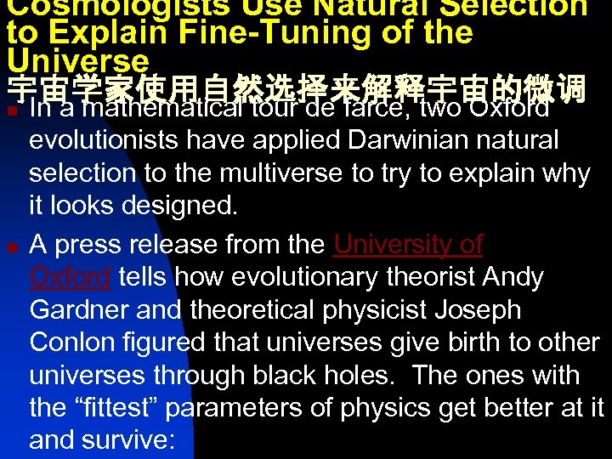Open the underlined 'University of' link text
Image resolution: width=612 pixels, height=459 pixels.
pyautogui.click(x=408, y=245)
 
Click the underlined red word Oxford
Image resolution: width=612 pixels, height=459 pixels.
pyautogui.click(x=70, y=278)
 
